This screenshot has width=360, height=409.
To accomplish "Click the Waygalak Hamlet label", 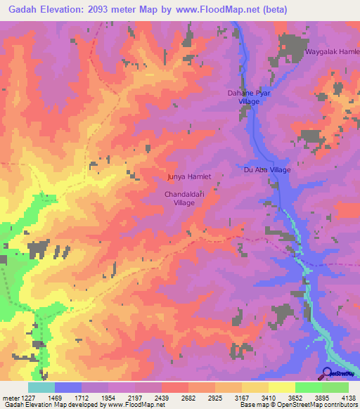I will pyautogui.click(x=331, y=53).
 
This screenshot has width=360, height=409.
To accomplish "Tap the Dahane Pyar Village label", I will pyautogui.click(x=243, y=97).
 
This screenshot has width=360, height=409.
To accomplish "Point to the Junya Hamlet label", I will pyautogui.click(x=188, y=177).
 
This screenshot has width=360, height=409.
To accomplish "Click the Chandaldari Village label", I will pyautogui.click(x=184, y=197).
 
